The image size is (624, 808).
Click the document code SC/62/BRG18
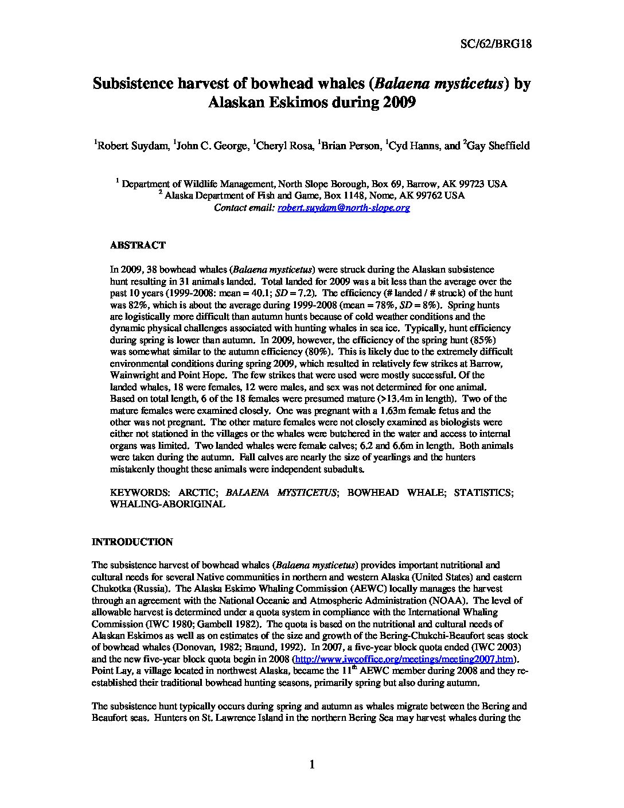click(x=497, y=43)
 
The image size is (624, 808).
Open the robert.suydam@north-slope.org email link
click(x=344, y=208)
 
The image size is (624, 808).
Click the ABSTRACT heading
click(x=138, y=245)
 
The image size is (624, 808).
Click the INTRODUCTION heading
click(x=132, y=542)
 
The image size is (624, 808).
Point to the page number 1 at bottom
click(x=312, y=764)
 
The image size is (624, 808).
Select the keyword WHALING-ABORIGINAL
click(x=167, y=504)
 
